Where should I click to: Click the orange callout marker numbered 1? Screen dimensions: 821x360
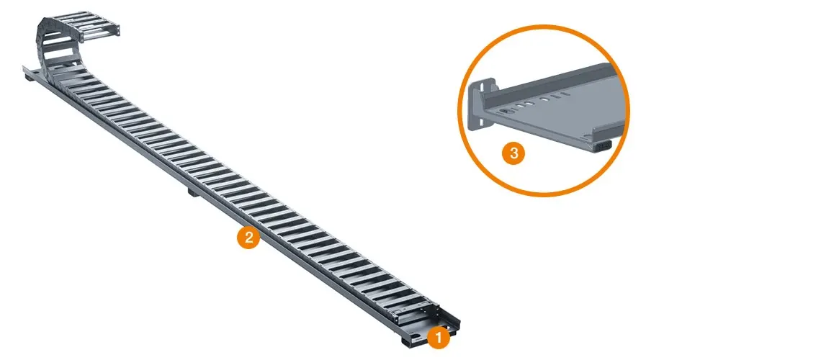(439, 338)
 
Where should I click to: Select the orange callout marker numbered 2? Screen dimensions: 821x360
(248, 238)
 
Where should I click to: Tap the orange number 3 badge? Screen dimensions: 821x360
(513, 153)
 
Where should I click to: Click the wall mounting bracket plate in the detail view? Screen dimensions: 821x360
(479, 104)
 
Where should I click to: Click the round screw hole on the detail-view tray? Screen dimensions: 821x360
(506, 112)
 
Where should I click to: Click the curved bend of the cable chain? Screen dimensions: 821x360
(46, 45)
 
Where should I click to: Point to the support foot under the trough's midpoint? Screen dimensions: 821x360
(192, 192)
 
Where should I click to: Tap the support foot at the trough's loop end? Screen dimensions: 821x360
(30, 78)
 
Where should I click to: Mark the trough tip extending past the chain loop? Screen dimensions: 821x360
(30, 69)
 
